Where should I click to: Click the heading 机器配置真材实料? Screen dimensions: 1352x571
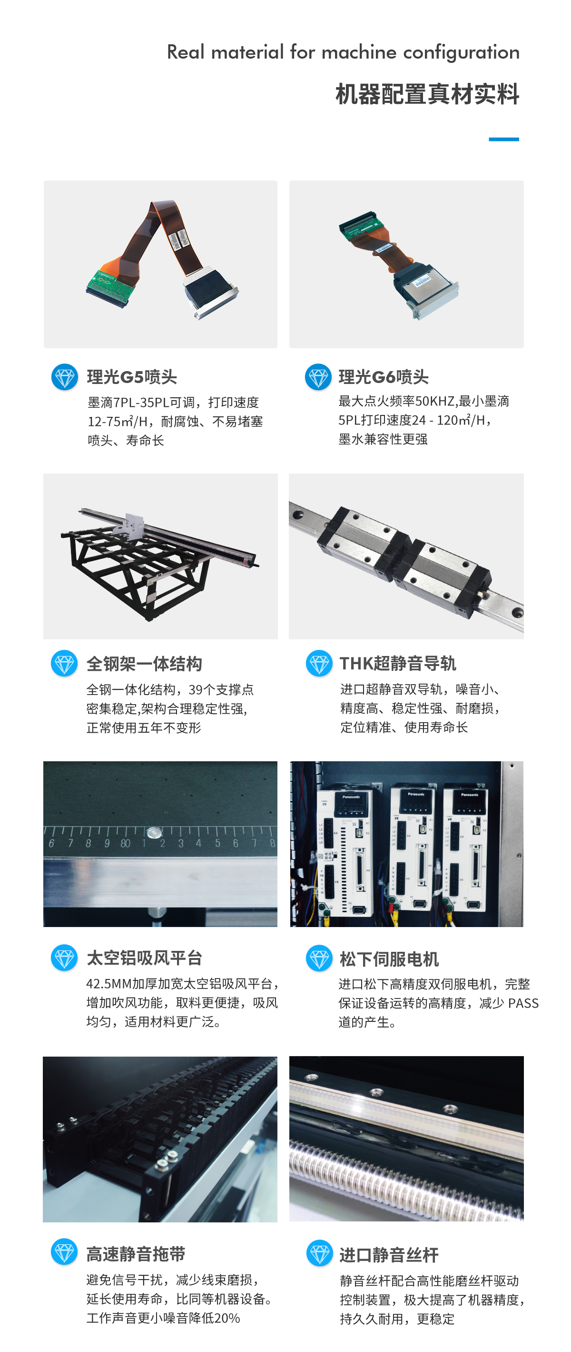[427, 94]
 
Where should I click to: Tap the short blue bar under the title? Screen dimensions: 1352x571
[503, 139]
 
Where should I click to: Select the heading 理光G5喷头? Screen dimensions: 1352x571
[132, 377]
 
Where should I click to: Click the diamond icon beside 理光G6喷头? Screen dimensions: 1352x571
[318, 377]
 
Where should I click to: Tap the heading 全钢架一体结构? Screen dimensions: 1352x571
[144, 664]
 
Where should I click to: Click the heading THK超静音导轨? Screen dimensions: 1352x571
[397, 664]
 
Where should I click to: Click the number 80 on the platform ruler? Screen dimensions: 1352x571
[125, 843]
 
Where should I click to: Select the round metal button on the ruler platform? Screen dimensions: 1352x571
[154, 832]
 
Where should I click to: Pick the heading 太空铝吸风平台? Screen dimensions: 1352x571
[144, 958]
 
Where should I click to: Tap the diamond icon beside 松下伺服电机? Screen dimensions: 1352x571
[319, 958]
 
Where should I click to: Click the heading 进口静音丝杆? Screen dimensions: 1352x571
[389, 1255]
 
